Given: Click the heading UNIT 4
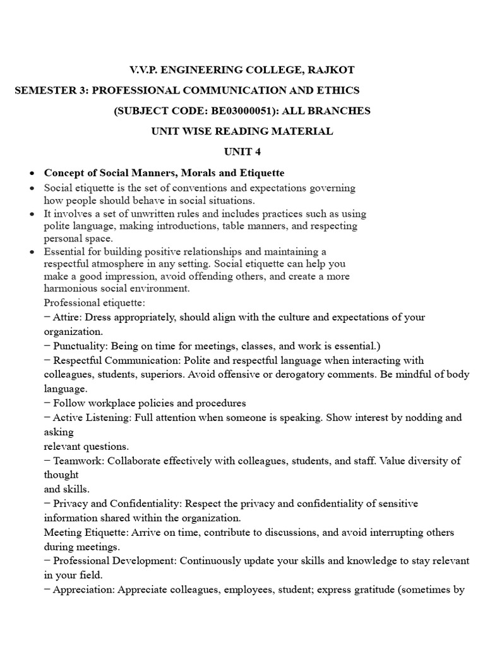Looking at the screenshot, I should (242, 152).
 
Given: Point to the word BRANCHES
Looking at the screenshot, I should (339, 111).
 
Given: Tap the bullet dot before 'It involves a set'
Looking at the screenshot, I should (32, 214).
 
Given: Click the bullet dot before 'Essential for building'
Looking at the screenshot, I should (32, 252).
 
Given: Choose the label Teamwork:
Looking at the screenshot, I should (80, 461).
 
